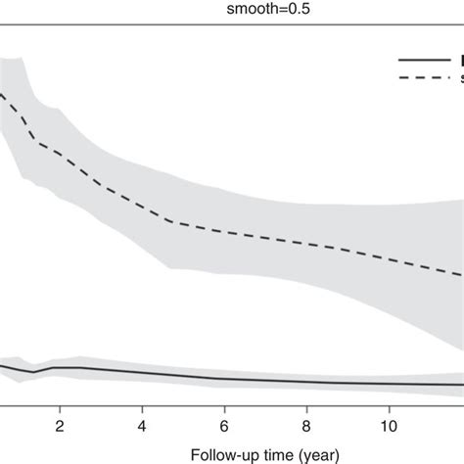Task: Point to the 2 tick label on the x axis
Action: (60, 413)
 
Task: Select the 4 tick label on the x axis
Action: (142, 413)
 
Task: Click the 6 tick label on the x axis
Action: (224, 413)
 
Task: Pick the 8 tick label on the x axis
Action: (306, 413)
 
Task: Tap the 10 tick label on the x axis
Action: (389, 413)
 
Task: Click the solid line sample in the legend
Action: (421, 60)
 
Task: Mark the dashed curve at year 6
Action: (224, 232)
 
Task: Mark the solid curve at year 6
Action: (224, 379)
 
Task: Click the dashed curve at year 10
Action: (389, 259)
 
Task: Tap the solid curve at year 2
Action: (60, 368)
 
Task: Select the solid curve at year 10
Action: (389, 383)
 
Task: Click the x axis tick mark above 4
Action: (142, 397)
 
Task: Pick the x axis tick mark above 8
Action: (306, 397)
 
